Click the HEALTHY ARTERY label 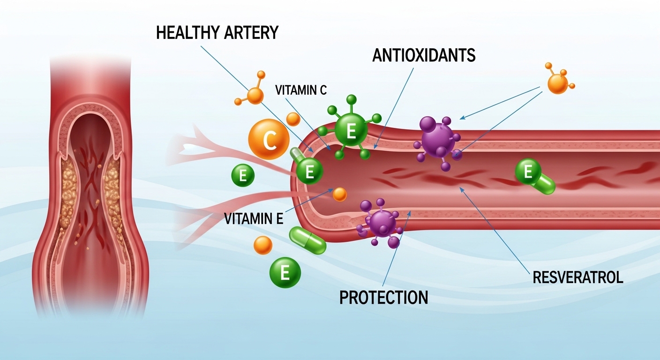pos(217,33)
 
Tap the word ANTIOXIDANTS pos(424,55)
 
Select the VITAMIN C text pos(300,90)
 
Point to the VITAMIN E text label pos(254,218)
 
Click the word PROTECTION pos(383,297)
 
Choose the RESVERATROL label pos(578,277)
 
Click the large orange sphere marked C pos(269,139)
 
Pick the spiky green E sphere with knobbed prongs pos(351,129)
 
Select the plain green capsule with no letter pos(307,240)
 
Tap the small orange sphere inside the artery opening pos(339,193)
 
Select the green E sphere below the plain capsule pos(285,272)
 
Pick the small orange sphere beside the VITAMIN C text pos(293,119)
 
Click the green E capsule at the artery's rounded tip pos(308,169)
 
